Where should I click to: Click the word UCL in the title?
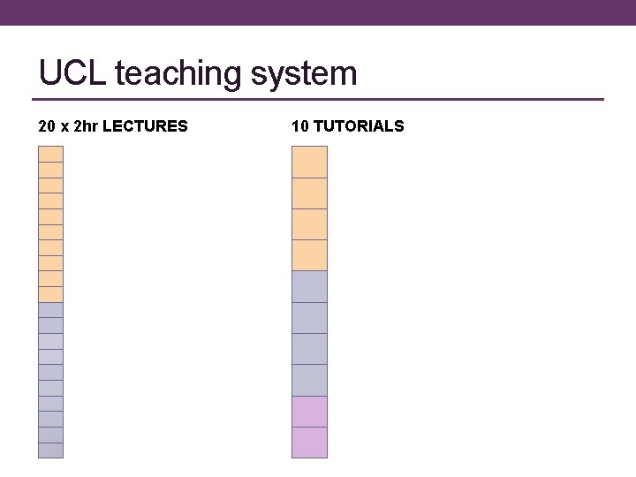point(72,72)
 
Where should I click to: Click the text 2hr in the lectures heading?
point(87,126)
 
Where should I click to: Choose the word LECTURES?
point(146,126)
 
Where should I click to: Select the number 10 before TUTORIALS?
point(299,126)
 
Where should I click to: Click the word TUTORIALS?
point(359,126)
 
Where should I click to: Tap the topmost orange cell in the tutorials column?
point(309,162)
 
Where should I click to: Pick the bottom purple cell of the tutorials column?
point(309,443)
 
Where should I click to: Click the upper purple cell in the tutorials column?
point(309,412)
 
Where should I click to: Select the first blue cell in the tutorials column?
point(309,286)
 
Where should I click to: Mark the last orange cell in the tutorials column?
point(309,255)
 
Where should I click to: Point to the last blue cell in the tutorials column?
point(309,380)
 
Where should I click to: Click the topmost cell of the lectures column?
point(51,154)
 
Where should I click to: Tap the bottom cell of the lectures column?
point(51,450)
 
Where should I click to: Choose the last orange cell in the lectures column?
point(51,294)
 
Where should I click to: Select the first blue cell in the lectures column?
point(51,310)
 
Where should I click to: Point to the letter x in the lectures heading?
point(65,127)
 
